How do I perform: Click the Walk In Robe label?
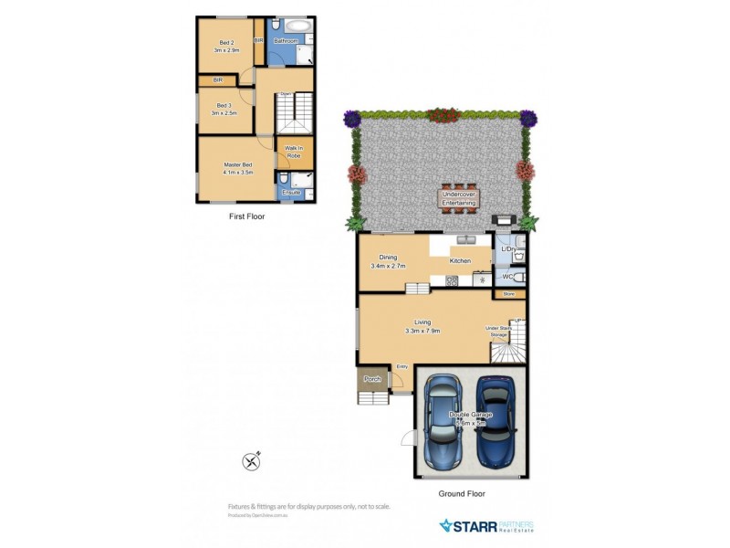tap(294, 152)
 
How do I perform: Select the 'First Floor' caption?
tap(246, 217)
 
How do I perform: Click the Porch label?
tap(371, 378)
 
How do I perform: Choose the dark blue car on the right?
tap(495, 421)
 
